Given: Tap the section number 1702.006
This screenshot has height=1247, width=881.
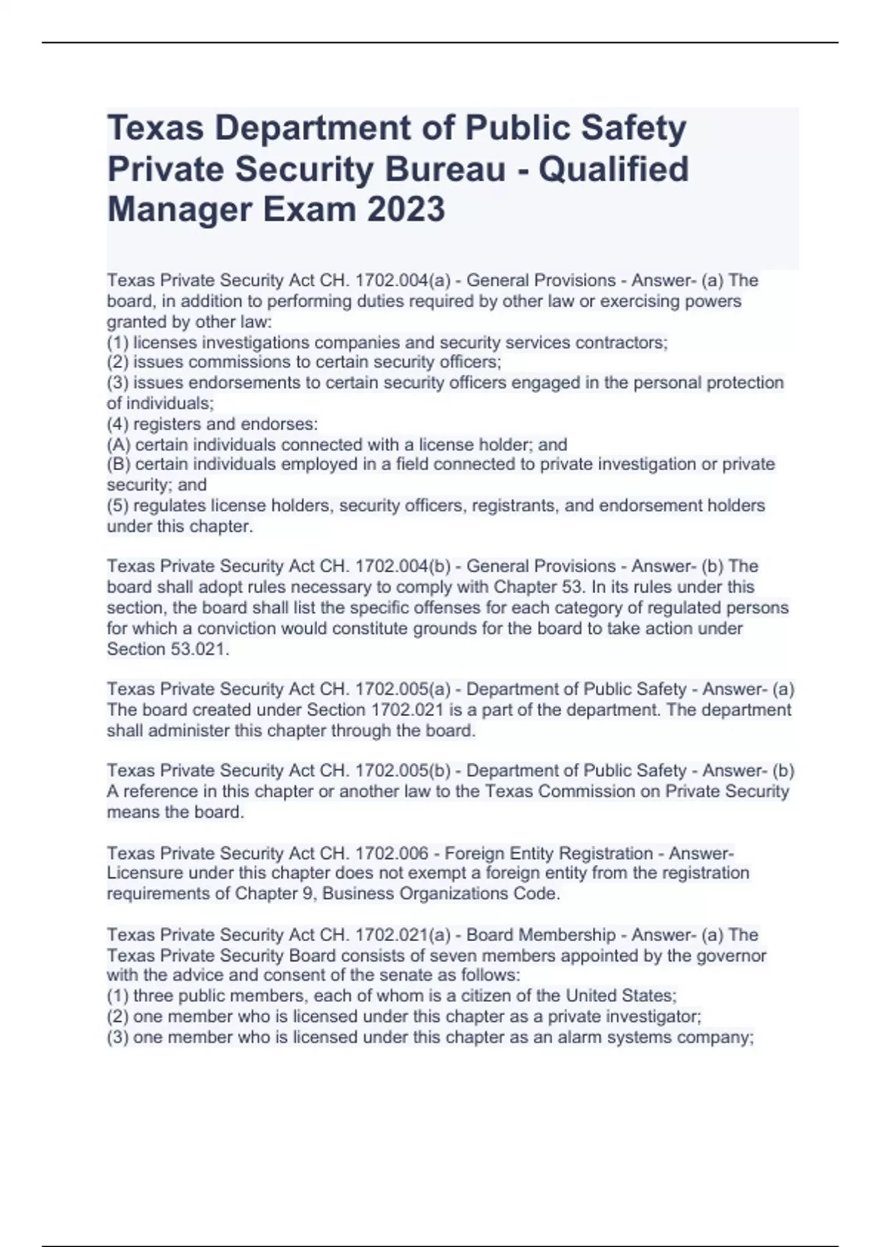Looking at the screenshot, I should tap(392, 853).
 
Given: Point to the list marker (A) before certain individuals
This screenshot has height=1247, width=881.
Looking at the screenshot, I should tap(118, 445).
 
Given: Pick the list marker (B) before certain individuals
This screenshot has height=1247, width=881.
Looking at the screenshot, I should tap(118, 464).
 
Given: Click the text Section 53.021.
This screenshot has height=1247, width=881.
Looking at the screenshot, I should tap(168, 648).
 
